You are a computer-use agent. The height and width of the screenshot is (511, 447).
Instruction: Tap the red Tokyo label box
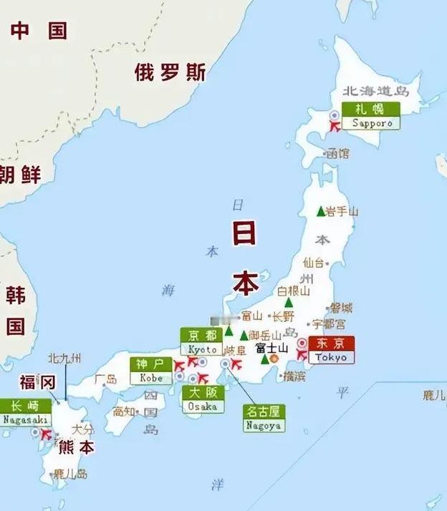click(330, 350)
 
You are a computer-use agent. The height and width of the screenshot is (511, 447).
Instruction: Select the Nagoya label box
click(264, 418)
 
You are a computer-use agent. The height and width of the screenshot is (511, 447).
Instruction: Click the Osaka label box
click(202, 399)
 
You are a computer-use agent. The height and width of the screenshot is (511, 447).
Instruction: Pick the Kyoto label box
click(202, 341)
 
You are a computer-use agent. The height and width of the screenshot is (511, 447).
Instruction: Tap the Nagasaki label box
click(25, 412)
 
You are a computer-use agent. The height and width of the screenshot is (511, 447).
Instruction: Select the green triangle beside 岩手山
click(321, 211)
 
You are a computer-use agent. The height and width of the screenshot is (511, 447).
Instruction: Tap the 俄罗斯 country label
click(170, 72)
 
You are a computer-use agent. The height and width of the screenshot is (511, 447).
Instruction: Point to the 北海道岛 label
click(375, 92)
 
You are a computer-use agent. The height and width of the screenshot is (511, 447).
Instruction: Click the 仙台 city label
click(314, 262)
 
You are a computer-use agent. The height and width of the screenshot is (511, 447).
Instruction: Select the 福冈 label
click(37, 382)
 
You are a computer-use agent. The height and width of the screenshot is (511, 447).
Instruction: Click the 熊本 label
click(76, 447)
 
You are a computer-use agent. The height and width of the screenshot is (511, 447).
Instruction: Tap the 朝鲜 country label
click(20, 174)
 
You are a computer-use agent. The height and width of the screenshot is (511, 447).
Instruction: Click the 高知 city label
click(123, 411)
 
